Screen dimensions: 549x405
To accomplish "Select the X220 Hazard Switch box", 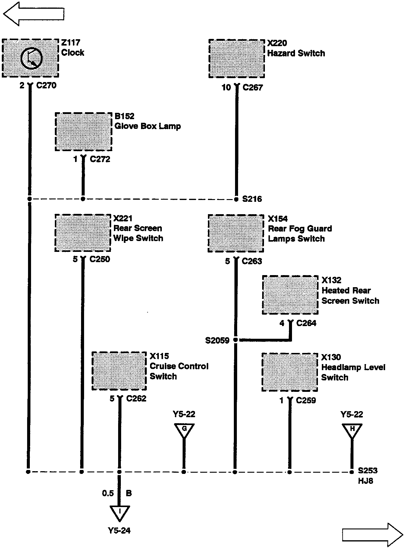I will [237, 58].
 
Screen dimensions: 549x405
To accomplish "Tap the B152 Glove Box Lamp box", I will [83, 132].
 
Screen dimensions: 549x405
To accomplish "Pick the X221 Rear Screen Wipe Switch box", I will [83, 233].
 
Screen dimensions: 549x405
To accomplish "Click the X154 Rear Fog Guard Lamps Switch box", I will [236, 233].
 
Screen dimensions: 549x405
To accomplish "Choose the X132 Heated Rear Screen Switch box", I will [290, 295].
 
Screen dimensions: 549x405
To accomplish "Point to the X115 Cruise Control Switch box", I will [119, 371].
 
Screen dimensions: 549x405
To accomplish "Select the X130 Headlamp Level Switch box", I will [290, 372].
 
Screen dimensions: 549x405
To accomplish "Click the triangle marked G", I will [184, 430].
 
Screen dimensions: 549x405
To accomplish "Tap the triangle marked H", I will [352, 430].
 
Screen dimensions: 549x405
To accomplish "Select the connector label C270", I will [46, 86].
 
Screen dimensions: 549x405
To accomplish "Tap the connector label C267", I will [253, 88].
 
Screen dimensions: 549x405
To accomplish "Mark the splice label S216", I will [252, 199].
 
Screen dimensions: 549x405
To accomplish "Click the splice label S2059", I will [217, 341].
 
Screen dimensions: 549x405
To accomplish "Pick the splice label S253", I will [367, 471].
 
